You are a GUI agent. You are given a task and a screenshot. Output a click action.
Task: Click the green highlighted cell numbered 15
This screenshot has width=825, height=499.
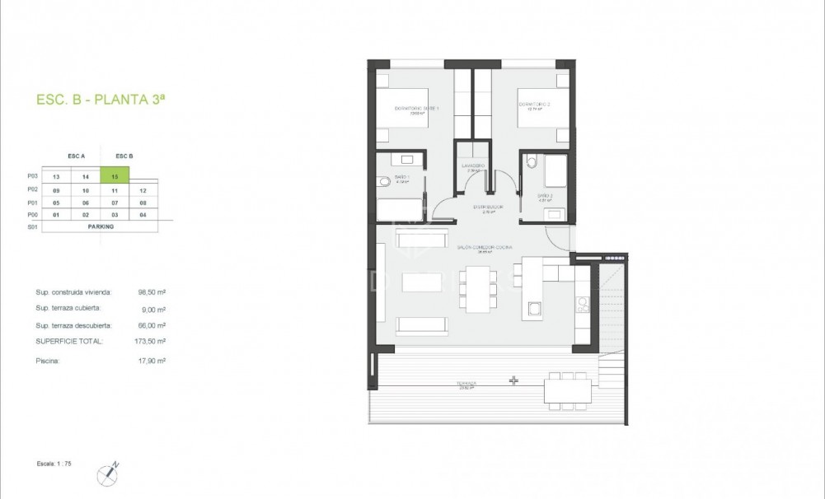(x=115, y=175)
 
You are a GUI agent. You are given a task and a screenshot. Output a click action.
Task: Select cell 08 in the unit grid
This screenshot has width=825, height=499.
(x=143, y=202)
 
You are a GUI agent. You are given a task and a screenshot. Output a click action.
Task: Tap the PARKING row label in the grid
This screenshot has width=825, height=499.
(x=99, y=226)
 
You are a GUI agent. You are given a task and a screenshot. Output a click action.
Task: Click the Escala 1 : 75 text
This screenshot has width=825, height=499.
(x=54, y=464)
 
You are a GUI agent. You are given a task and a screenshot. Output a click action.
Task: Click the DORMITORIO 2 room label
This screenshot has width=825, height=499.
(x=534, y=104)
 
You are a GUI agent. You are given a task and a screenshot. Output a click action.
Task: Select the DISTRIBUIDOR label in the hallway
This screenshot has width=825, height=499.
(x=472, y=208)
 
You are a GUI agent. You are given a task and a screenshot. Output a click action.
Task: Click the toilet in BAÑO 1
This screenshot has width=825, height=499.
(x=383, y=181)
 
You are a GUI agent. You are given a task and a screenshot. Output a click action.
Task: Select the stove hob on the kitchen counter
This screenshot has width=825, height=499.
(x=583, y=305)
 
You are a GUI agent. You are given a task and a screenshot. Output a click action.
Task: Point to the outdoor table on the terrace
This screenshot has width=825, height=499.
(x=568, y=390)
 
